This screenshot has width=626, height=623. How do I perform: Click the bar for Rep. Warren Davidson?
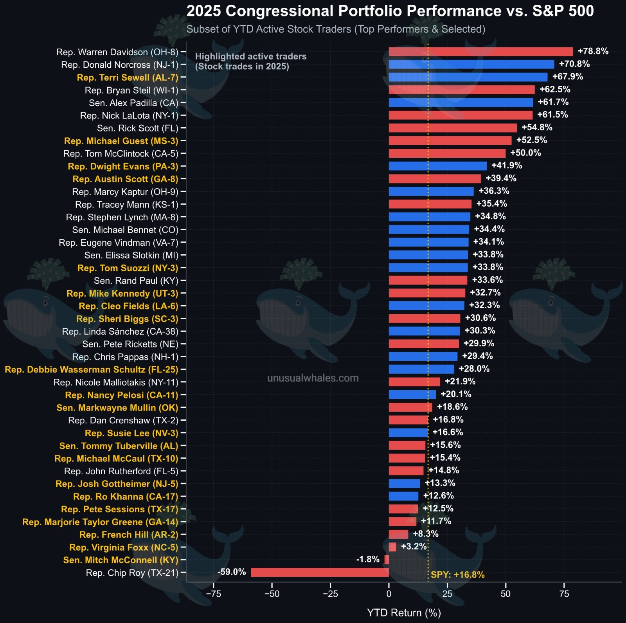[480, 52]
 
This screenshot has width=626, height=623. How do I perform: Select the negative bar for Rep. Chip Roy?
[320, 573]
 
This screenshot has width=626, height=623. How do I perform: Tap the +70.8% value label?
[574, 64]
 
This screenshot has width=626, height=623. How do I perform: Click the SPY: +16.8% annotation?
[457, 575]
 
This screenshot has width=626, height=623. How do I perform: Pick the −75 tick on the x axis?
[214, 594]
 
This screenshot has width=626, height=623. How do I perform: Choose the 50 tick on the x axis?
[505, 594]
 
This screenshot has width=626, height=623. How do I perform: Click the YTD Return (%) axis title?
[404, 613]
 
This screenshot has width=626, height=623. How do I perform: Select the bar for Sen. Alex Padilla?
[461, 103]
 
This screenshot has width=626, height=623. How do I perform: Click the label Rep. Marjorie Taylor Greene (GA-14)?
[100, 522]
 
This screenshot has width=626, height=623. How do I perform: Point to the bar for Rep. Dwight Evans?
[437, 166]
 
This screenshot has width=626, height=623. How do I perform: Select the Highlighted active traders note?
[250, 61]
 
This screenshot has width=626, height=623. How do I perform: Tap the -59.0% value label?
[232, 572]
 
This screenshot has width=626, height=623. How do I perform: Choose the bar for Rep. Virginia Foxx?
[392, 547]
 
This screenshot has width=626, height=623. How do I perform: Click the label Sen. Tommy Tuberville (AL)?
[119, 446]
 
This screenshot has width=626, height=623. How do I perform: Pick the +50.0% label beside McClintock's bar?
[525, 153]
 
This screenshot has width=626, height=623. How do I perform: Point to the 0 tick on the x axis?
[389, 594]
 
